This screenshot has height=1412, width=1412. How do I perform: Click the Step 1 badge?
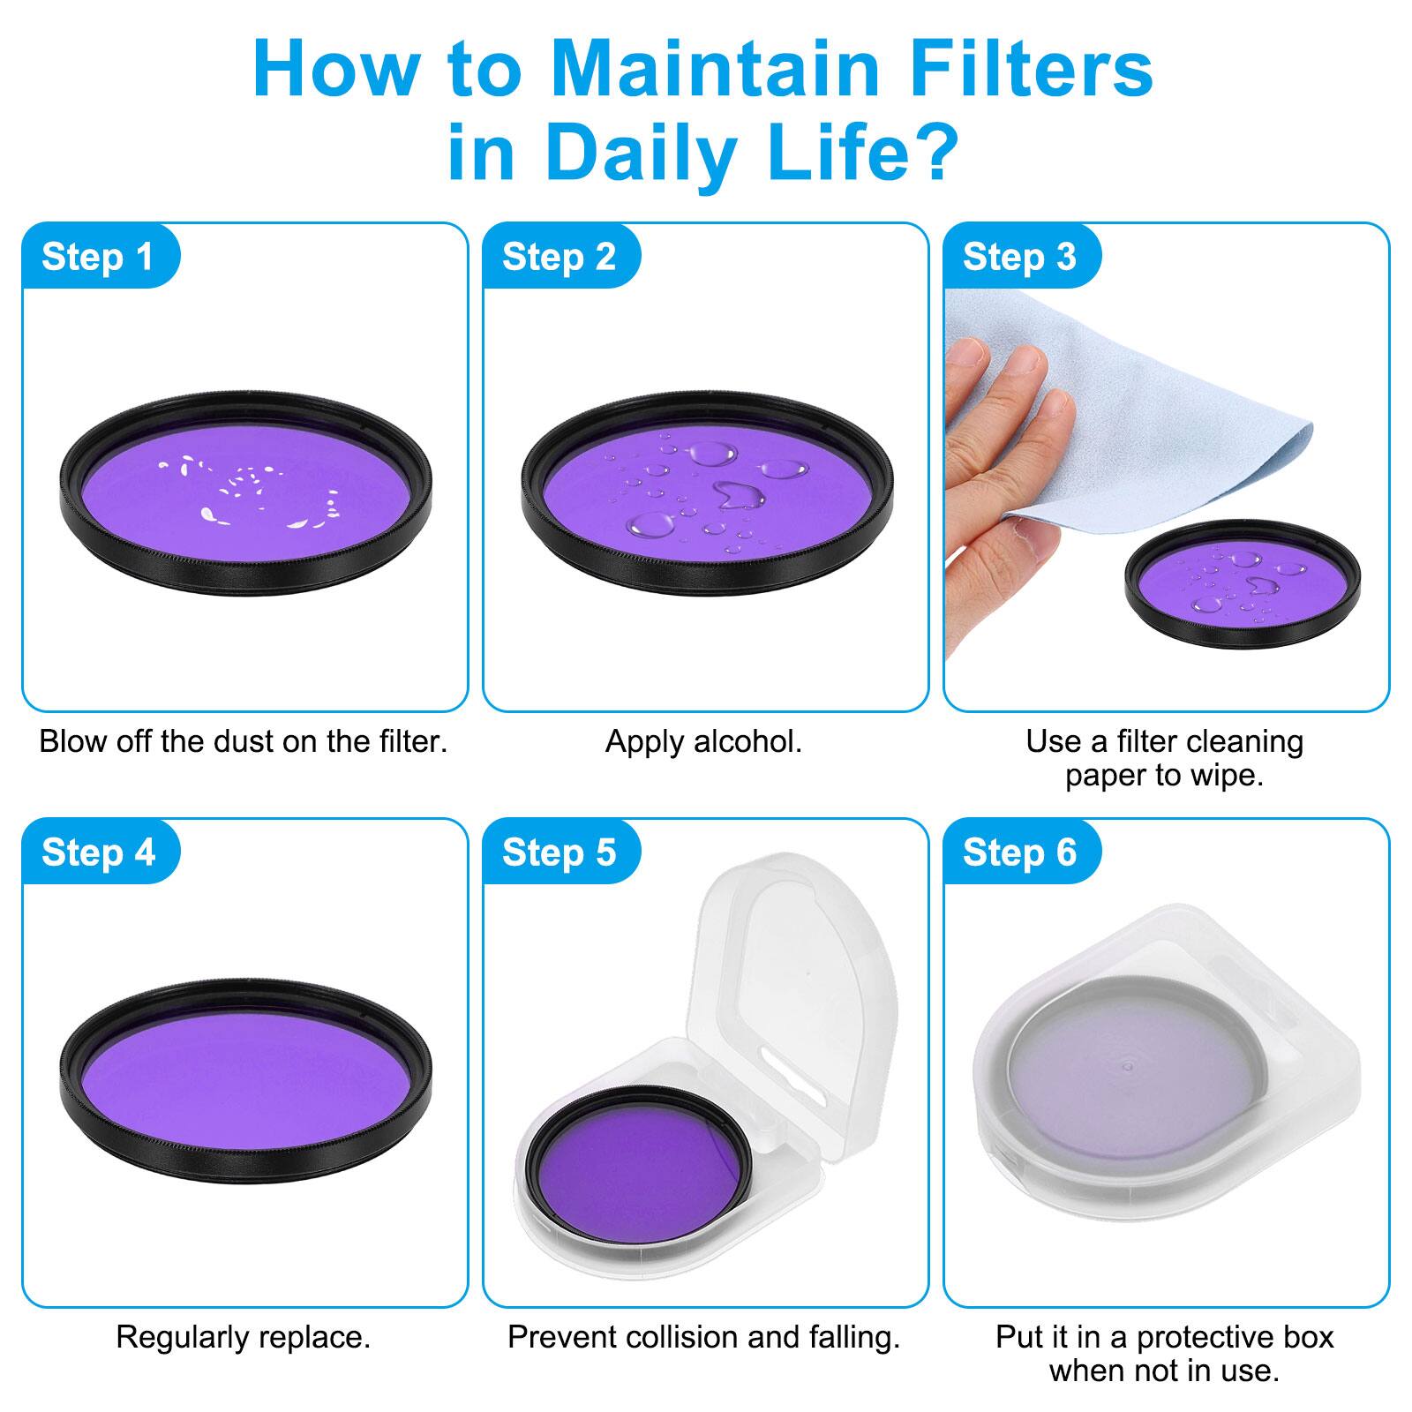[98, 257]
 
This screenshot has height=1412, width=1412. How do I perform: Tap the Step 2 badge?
[559, 257]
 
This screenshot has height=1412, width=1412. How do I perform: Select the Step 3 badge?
[1019, 257]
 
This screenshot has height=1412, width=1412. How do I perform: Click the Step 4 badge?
[98, 852]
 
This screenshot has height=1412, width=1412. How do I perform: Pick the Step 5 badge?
[559, 852]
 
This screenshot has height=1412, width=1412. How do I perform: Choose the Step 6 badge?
[1019, 852]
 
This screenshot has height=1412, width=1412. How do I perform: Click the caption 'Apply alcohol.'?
[703, 741]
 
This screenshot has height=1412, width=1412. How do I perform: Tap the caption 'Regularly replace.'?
[244, 1337]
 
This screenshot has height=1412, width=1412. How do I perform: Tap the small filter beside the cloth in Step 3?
[1243, 582]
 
